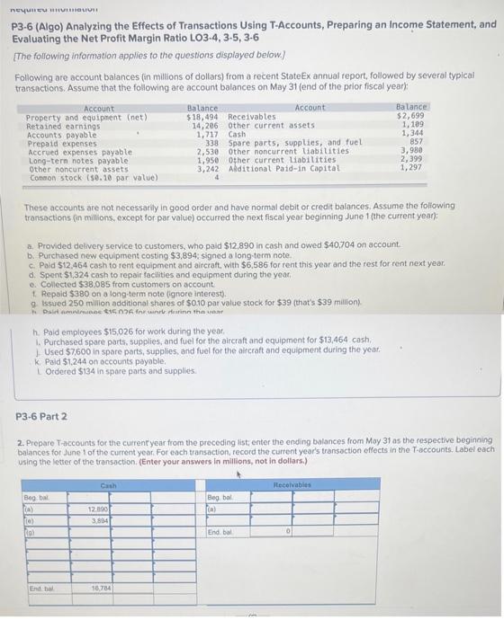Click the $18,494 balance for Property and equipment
(x=201, y=117)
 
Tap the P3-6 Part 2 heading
(x=49, y=416)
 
